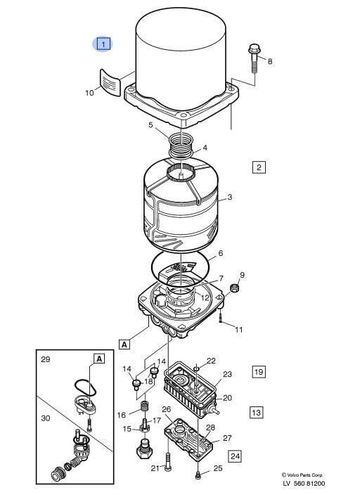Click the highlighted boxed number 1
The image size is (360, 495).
(x=103, y=44)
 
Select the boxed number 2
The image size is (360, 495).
(x=259, y=167)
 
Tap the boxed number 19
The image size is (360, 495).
(x=259, y=371)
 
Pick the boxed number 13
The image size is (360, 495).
(x=256, y=412)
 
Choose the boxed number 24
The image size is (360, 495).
(x=235, y=456)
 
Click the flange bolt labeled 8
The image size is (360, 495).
(x=254, y=58)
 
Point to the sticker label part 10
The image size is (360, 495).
(x=110, y=83)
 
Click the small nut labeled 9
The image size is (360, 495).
(x=234, y=288)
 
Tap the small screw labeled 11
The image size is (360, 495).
(x=221, y=317)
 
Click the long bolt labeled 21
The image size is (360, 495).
(x=168, y=463)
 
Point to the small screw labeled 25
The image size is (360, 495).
(x=198, y=475)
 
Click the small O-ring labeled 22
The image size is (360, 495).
(x=196, y=368)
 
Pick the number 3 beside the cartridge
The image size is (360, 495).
(x=230, y=197)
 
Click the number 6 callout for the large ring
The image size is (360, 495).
(x=220, y=253)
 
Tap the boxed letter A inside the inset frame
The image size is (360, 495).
(x=99, y=359)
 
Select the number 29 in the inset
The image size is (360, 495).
(x=46, y=359)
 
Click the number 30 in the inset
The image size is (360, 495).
(x=46, y=418)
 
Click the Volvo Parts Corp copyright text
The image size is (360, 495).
(x=302, y=475)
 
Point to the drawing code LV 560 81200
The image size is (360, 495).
(x=304, y=483)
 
